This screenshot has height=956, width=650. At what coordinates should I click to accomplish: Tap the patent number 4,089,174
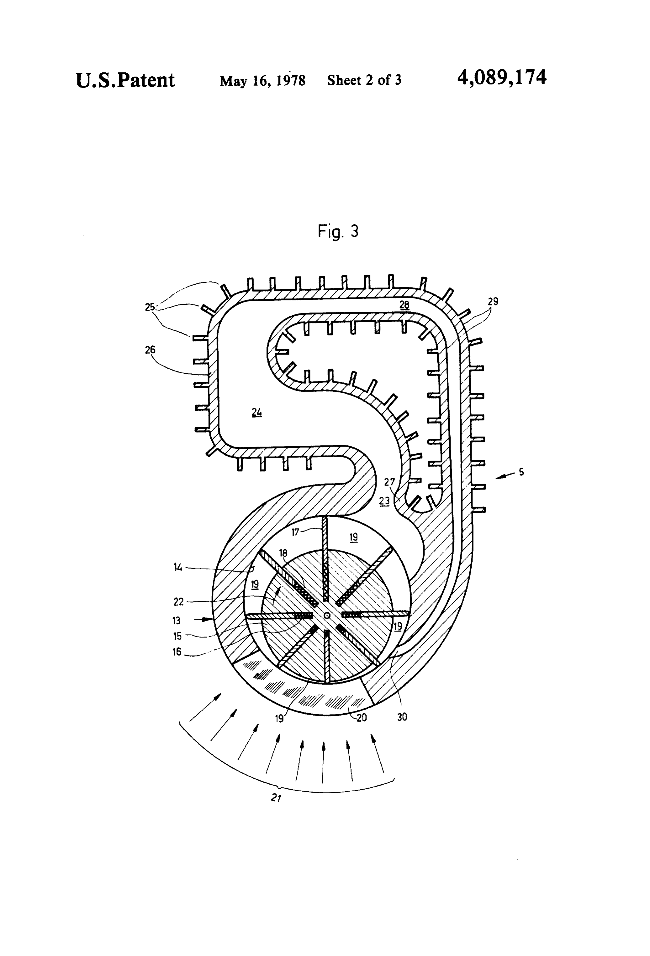click(x=502, y=78)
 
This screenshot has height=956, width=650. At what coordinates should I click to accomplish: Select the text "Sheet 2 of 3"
click(x=364, y=80)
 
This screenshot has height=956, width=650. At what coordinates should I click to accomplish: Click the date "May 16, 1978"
click(x=263, y=81)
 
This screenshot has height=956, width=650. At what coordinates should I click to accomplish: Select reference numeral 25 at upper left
click(x=150, y=307)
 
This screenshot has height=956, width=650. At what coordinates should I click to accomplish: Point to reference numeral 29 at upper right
click(x=493, y=302)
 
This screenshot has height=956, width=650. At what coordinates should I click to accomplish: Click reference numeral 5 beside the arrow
click(x=521, y=472)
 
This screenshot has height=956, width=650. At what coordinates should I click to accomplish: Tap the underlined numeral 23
click(x=384, y=501)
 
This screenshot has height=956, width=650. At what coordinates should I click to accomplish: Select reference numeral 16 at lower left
click(x=177, y=652)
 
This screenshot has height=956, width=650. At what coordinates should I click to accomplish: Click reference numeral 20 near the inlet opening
click(x=362, y=718)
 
